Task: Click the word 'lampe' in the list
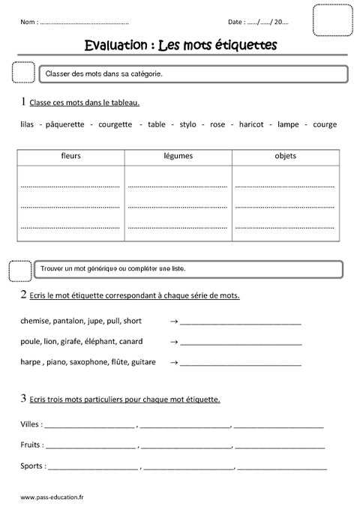(288, 124)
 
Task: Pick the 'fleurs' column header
(71, 156)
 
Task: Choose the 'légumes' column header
(178, 156)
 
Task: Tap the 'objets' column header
(285, 156)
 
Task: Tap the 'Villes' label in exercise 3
(31, 424)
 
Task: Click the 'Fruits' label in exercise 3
(32, 445)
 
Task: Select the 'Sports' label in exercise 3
(34, 466)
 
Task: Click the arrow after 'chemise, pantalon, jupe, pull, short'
(174, 322)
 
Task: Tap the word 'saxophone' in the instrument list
(88, 362)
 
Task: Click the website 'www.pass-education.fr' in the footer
(53, 496)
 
